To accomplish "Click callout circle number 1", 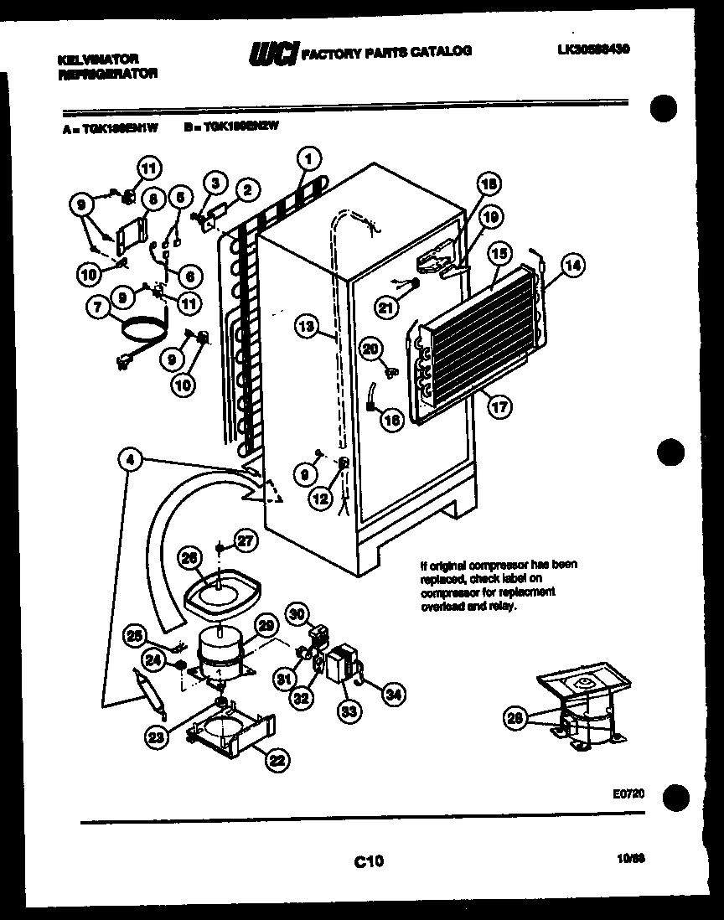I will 309,157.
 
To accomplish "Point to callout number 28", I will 515,716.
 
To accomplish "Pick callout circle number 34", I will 393,692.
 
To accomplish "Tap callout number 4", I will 131,459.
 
